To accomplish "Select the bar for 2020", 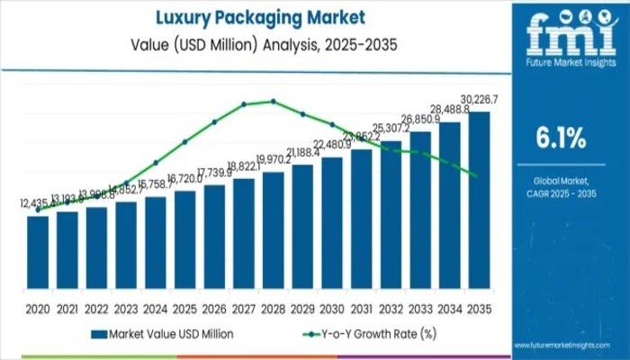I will (38, 257).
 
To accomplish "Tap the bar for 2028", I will (274, 235).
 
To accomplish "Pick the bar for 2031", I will (361, 224).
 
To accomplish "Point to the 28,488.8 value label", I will (450, 110).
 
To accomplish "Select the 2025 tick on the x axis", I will (185, 309).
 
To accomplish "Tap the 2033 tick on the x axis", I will (420, 309).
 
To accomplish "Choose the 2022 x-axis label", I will (96, 309).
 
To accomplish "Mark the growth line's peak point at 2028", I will (274, 101).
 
